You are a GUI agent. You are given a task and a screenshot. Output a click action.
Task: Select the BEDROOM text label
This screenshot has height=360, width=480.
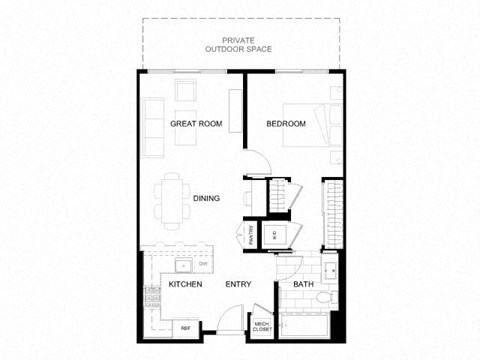pyautogui.click(x=284, y=124)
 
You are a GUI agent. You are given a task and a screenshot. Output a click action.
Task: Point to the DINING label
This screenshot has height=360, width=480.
pyautogui.click(x=206, y=198)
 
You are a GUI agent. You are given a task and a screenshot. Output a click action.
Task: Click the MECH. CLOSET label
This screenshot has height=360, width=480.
pyautogui.click(x=262, y=326)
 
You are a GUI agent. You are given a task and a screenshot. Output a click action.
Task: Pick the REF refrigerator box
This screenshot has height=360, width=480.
pyautogui.click(x=185, y=327)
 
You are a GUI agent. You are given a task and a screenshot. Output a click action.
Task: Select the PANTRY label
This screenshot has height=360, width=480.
pyautogui.click(x=251, y=234)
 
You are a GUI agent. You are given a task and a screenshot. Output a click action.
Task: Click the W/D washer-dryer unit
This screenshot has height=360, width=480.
pyautogui.click(x=275, y=234)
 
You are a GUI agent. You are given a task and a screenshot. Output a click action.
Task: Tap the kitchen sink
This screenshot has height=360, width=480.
pyautogui.click(x=182, y=267)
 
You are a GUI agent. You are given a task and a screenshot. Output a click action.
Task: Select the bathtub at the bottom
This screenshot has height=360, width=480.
pyautogui.click(x=308, y=327)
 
